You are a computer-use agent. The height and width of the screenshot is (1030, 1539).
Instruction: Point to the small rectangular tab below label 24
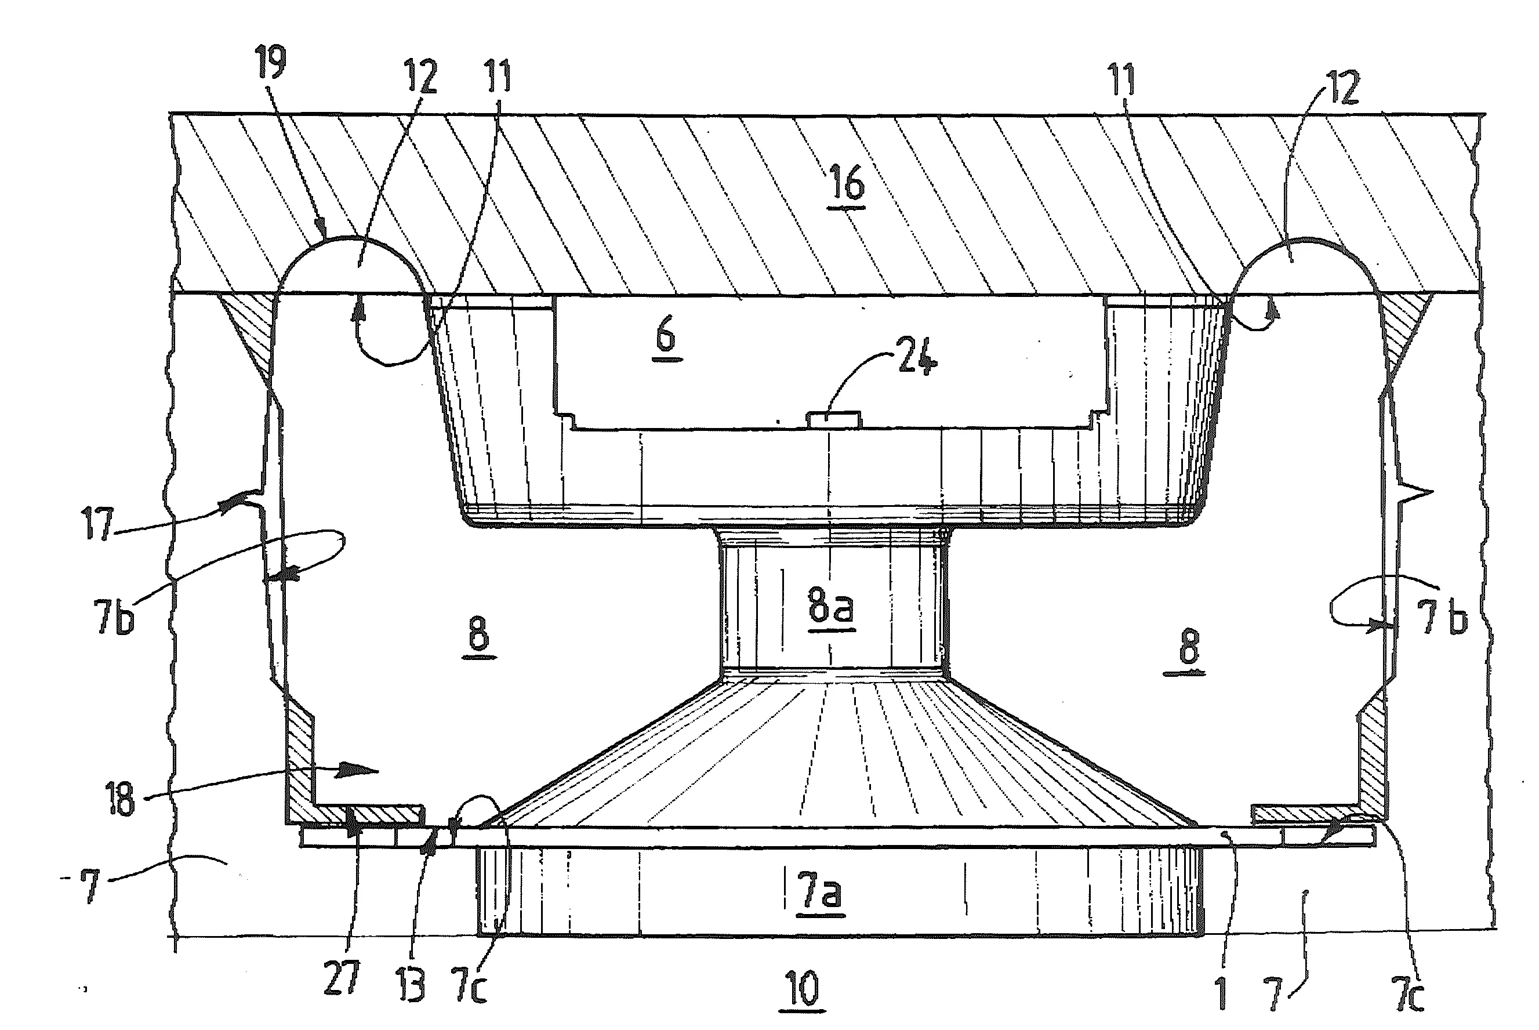(833, 420)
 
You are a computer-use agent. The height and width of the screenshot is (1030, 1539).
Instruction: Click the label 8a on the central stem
(831, 608)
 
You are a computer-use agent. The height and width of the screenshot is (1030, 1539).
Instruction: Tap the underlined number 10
(802, 989)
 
